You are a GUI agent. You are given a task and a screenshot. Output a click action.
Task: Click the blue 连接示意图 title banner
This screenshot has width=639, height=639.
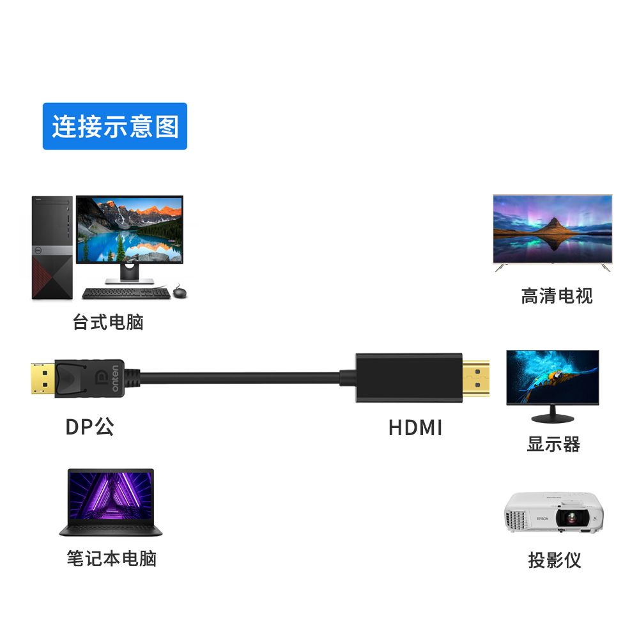coord(115,127)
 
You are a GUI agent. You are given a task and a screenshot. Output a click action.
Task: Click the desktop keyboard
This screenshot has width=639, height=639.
coord(127,293)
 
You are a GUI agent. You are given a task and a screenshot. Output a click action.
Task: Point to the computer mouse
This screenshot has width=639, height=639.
coord(181,293)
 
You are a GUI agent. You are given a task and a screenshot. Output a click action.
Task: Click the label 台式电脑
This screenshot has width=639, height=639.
coord(108,321)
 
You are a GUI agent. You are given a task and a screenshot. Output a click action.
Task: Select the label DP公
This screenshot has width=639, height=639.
coord(90,426)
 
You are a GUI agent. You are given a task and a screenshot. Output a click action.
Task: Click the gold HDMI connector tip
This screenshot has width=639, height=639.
coord(475,378)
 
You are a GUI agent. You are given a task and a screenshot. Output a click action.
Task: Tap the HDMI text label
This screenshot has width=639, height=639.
coord(415,427)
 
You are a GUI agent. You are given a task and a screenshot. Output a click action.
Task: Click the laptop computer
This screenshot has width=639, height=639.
coord(111,503)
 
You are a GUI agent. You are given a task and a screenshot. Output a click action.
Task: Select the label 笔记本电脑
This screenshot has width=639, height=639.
coord(112,558)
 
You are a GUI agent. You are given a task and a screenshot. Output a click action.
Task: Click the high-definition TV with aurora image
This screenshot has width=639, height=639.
coord(552,230)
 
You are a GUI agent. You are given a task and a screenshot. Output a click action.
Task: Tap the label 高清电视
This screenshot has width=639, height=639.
coord(557,296)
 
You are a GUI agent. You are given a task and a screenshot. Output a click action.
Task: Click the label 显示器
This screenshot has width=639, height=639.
coord(553,444)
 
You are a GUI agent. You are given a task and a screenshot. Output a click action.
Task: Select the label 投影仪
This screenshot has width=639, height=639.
coord(555,560)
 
